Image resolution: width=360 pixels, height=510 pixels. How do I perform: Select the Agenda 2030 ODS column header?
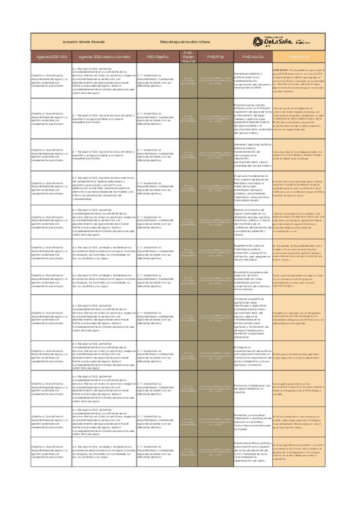pyautogui.click(x=50, y=56)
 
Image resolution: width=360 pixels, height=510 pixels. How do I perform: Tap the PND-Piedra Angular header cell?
pyautogui.click(x=188, y=56)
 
